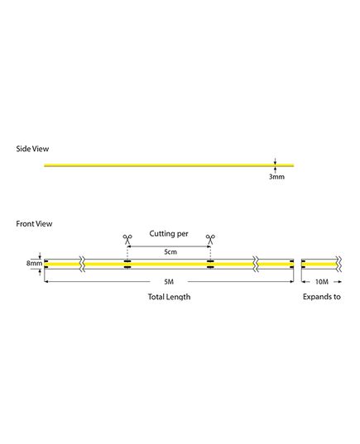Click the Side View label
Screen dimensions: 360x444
32,149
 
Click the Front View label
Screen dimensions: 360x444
34,224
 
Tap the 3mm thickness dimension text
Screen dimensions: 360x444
276,177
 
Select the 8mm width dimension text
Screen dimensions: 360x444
34,263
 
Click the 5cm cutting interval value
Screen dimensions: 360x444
170,251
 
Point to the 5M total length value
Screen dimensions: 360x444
169,282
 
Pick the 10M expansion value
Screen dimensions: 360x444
322,282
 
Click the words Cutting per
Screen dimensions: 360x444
169,234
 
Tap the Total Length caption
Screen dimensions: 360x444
169,297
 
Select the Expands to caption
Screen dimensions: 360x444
322,297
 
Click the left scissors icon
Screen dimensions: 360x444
127,239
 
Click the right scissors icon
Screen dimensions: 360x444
210,239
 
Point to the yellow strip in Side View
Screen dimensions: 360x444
169,165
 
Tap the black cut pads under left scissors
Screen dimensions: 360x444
127,264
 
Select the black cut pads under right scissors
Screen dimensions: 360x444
210,264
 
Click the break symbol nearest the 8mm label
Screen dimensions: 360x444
82,264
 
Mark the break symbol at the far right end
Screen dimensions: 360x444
338,264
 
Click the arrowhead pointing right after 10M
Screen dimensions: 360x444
340,282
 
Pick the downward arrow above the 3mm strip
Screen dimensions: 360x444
275,161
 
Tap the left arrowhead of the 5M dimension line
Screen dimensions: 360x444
46,281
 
